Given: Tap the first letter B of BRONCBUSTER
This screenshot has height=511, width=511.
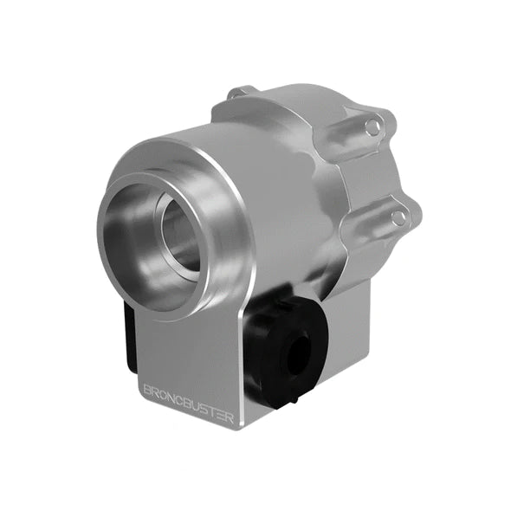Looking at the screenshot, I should coord(146,389).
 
